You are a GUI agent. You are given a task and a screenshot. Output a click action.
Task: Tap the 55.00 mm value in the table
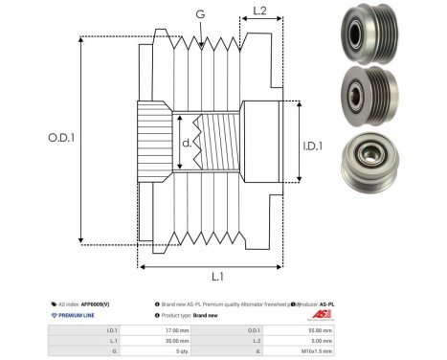pos(320,329)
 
